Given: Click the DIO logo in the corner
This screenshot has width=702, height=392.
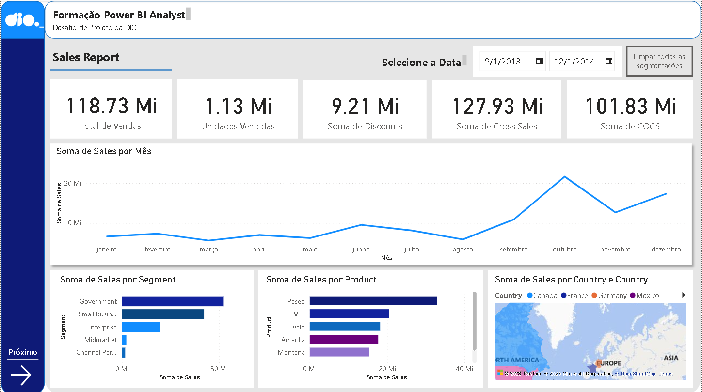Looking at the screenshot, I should click(x=22, y=20).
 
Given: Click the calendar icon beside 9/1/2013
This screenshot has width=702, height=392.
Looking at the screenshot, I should click(x=539, y=61).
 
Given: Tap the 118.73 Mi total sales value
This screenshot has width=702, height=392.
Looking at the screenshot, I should click(x=111, y=106).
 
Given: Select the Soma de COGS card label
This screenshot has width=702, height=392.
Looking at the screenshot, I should click(x=630, y=126).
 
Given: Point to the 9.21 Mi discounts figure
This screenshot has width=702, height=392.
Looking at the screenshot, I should click(x=365, y=106).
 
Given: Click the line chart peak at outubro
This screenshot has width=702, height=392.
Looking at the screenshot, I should click(x=564, y=176).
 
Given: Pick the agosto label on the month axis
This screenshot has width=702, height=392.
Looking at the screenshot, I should click(x=463, y=250).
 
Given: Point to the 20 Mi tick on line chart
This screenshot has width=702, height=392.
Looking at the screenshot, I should click(x=72, y=183).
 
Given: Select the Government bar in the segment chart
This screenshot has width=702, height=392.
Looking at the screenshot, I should click(x=172, y=301).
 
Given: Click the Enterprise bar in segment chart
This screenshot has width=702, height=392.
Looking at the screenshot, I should click(x=141, y=327).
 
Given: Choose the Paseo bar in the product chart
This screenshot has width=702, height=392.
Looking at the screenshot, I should click(x=373, y=301).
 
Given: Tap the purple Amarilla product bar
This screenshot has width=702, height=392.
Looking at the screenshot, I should click(x=343, y=339).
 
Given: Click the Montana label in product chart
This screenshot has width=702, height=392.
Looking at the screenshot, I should click(x=291, y=352).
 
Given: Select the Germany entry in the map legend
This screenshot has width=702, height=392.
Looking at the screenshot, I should click(x=612, y=296).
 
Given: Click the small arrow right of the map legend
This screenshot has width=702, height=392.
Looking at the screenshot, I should click(x=684, y=295).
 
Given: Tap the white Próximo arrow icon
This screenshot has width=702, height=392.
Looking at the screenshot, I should click(x=21, y=375).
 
